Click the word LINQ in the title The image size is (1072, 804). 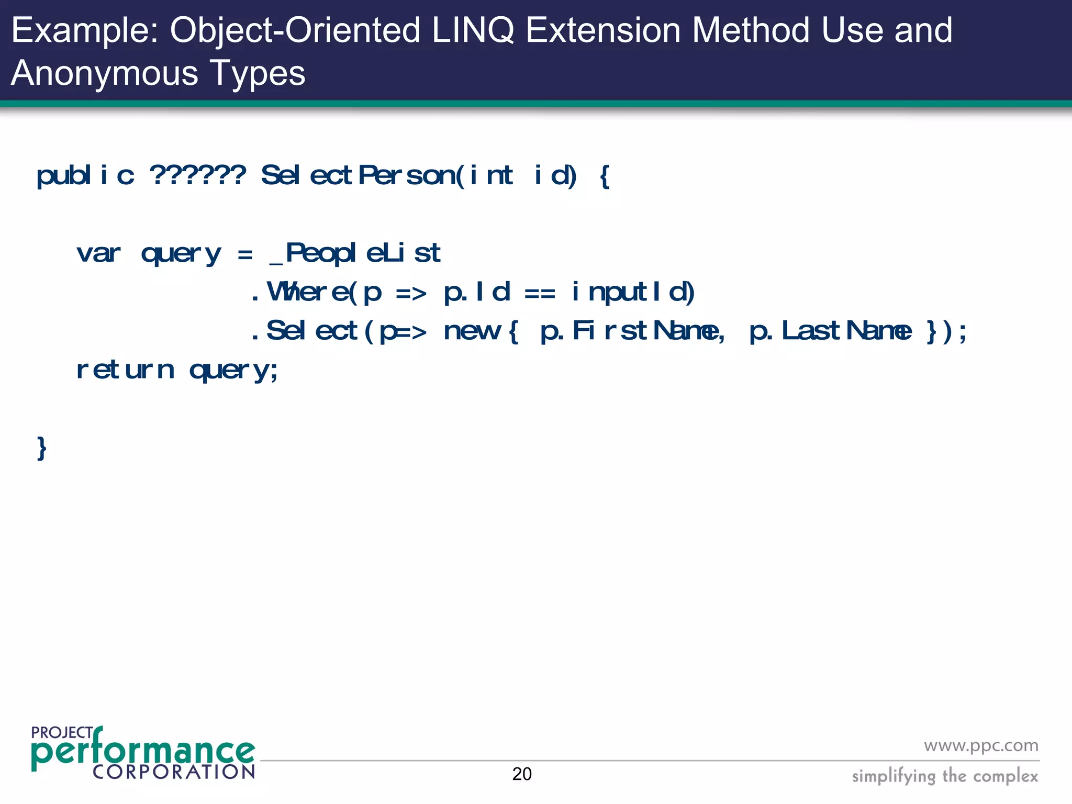tap(473, 30)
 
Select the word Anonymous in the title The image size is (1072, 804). tap(105, 73)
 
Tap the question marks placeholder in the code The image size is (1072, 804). tap(197, 175)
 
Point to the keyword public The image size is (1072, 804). tap(85, 175)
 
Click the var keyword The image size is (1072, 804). tap(98, 254)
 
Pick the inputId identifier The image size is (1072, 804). tap(633, 292)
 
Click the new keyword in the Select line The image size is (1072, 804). tap(472, 331)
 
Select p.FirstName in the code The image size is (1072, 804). tap(632, 331)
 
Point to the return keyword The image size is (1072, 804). tap(125, 370)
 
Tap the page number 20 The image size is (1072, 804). tap(522, 774)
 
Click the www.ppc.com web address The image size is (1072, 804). tap(981, 745)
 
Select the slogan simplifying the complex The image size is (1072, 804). tap(945, 776)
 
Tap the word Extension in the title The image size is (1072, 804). tap(603, 30)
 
